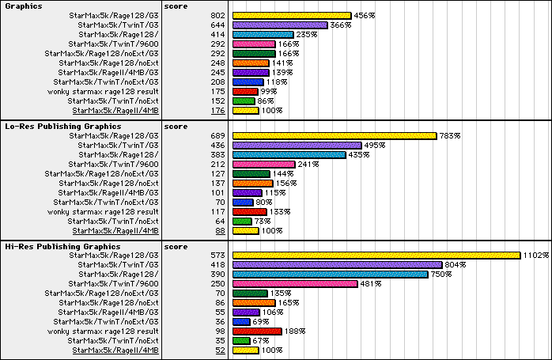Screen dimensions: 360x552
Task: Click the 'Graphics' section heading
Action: click(x=24, y=6)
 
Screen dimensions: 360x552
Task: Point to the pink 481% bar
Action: click(x=296, y=284)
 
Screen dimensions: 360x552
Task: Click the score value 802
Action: click(x=218, y=16)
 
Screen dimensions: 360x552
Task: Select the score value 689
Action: click(x=218, y=136)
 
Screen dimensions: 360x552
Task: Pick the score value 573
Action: click(x=218, y=256)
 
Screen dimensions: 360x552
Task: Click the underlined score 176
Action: click(x=218, y=111)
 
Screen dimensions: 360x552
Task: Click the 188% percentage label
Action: click(x=294, y=332)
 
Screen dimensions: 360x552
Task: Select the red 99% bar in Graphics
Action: click(x=246, y=92)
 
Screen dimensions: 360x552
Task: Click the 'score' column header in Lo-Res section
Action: click(x=175, y=126)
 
